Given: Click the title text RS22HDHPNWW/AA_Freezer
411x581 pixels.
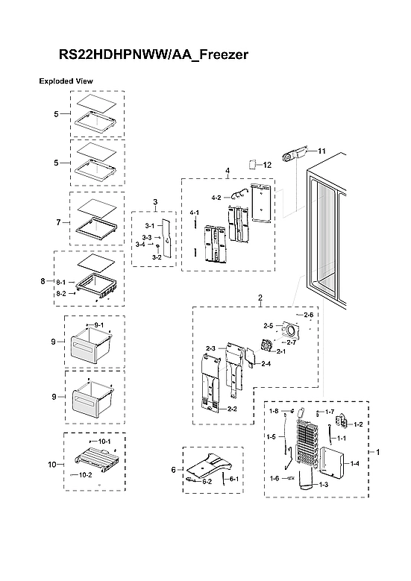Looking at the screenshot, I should tap(153, 55).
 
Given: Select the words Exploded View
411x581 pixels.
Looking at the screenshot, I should tap(65, 81).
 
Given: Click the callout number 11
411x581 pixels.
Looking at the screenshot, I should tap(322, 151).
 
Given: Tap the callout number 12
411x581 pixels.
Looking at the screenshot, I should tap(267, 164).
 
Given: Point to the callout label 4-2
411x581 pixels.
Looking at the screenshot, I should tap(216, 198).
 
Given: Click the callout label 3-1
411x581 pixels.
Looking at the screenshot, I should tap(148, 226).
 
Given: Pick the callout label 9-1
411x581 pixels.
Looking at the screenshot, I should tap(98, 326).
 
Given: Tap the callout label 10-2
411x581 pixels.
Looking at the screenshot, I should tap(86, 474).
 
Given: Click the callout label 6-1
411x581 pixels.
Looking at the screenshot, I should tap(233, 478).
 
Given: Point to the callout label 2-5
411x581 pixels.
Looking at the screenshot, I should tap(269, 326).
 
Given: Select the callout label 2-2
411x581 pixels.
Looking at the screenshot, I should tap(232, 409).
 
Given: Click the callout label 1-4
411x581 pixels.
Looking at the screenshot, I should tap(354, 463).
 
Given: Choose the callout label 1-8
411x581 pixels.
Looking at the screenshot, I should tap(274, 411).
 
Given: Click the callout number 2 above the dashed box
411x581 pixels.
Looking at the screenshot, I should tap(260, 298).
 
